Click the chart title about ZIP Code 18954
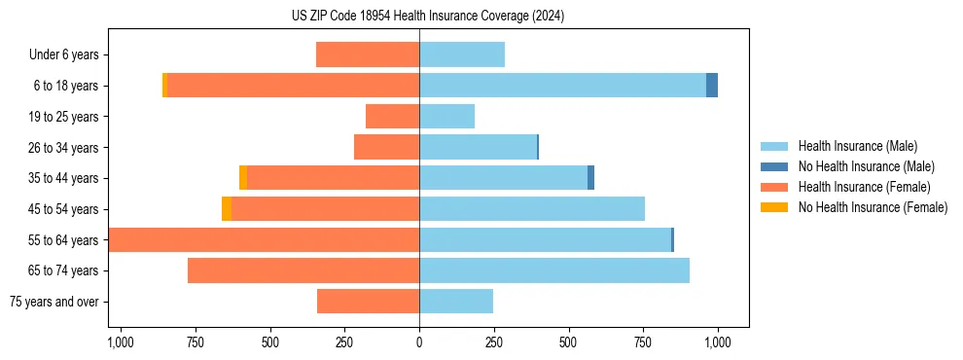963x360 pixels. point(428,16)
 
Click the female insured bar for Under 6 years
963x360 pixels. point(368,54)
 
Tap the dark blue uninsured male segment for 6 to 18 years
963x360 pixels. point(712,86)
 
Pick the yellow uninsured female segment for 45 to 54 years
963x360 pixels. point(227,209)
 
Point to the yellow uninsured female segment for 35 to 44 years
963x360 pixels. point(243,178)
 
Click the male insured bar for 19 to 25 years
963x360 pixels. point(447,117)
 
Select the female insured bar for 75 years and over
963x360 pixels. point(368,302)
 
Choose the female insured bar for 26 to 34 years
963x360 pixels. point(386,147)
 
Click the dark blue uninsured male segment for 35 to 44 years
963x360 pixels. point(590,178)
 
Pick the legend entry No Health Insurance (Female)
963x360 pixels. point(866,207)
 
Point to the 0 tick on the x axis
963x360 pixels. point(419,342)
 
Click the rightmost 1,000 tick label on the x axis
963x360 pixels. point(718,342)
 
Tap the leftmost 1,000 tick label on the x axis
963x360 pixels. point(120,342)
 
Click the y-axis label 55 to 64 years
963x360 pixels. point(63,240)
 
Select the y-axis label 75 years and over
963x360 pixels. point(53,302)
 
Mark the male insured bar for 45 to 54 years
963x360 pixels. point(532,209)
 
